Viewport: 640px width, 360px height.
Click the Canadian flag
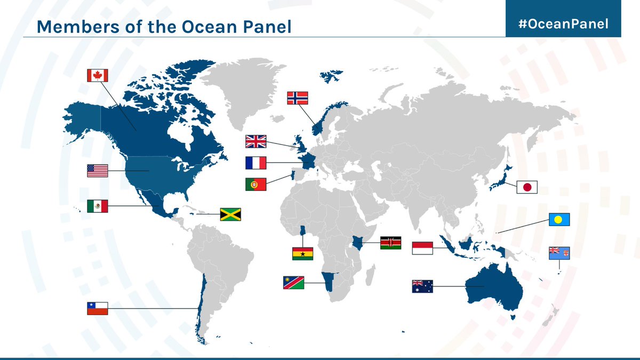coord(97,75)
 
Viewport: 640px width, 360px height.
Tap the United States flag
coord(97,171)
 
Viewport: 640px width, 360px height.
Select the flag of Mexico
coord(97,206)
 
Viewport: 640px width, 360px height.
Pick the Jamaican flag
coord(230,214)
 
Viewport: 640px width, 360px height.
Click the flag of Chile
coord(97,308)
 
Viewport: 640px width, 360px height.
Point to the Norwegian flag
coord(298,98)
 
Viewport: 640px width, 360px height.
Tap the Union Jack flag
coord(255,141)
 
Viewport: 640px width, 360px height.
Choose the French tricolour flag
coord(255,163)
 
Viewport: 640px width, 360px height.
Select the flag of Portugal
coord(255,185)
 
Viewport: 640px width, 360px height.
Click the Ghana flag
coord(302,253)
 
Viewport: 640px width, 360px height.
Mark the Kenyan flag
coord(390,243)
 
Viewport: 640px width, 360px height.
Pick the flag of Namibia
coord(294,283)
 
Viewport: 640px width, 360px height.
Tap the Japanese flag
coord(527,187)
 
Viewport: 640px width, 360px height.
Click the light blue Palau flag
coord(559,219)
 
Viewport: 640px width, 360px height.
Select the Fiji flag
coord(559,253)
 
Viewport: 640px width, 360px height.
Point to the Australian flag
coord(422,286)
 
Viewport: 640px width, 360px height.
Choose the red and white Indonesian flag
coord(422,248)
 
